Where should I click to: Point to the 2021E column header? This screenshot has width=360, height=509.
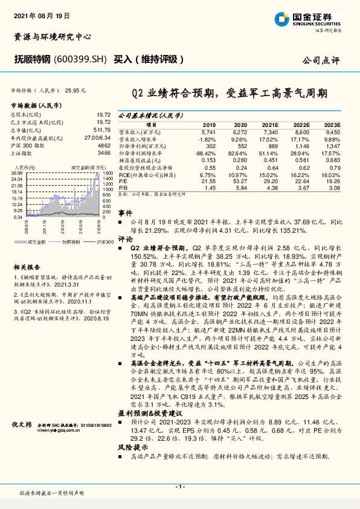point(271,123)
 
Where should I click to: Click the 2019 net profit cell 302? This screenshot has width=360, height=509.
point(211,146)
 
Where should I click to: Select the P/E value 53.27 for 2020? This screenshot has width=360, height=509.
point(240,181)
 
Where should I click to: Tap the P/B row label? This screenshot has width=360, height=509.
point(122,188)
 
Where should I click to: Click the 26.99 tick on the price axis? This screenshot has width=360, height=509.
point(17,173)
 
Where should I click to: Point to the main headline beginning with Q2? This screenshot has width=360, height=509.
point(230,93)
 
